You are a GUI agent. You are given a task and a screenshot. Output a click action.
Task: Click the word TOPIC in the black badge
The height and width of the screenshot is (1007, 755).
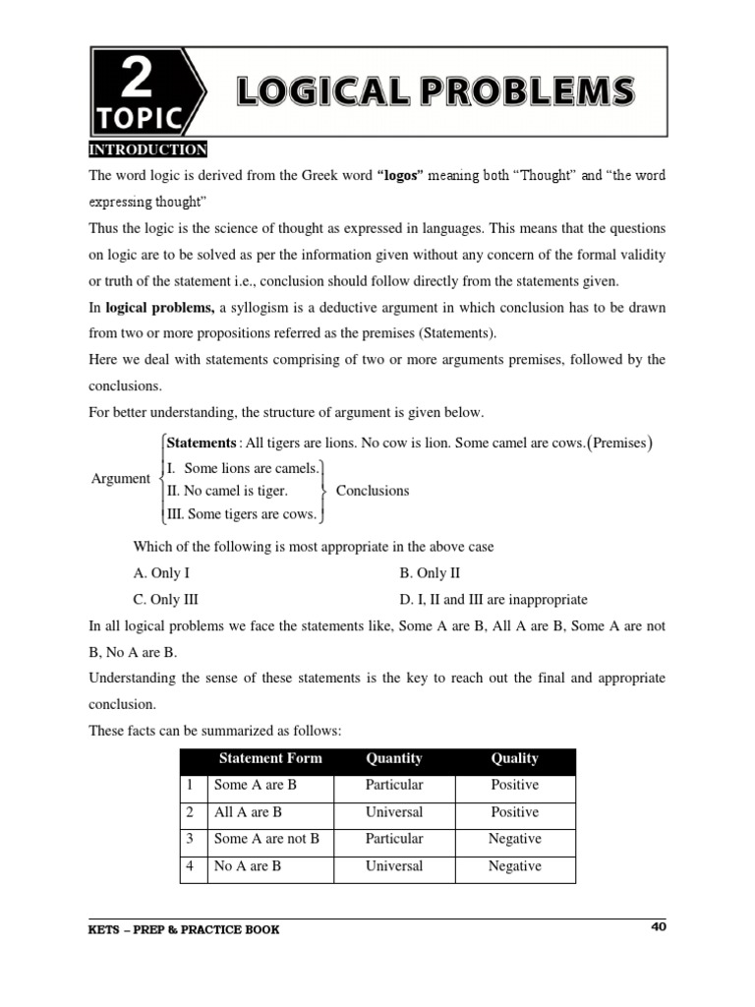(140, 119)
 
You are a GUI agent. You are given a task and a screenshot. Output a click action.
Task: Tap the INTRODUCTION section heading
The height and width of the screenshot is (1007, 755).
(147, 149)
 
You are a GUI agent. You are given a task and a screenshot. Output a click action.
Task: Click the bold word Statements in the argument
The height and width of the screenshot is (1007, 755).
(202, 443)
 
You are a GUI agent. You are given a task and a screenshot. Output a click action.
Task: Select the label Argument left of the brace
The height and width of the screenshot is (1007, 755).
(120, 479)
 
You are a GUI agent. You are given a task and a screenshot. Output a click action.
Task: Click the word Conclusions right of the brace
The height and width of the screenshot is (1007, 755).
(373, 491)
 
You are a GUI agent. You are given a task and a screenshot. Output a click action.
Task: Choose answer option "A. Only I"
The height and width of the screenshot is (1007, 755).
(161, 572)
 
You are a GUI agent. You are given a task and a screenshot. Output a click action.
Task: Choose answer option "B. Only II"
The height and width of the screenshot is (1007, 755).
(431, 572)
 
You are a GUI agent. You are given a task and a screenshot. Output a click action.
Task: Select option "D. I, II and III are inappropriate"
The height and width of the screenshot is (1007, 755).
(494, 599)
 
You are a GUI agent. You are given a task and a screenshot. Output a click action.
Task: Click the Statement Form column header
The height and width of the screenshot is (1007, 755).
(269, 758)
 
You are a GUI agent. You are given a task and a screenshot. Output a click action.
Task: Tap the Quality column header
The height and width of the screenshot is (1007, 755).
(515, 758)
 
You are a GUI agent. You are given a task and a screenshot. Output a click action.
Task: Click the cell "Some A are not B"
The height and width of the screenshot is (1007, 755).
(266, 839)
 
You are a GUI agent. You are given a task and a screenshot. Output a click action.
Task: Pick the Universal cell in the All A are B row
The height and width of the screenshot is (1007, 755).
(394, 812)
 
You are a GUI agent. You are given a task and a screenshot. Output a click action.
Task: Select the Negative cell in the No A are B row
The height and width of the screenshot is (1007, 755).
(514, 866)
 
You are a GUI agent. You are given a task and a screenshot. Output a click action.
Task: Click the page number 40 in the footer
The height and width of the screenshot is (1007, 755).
(658, 926)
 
